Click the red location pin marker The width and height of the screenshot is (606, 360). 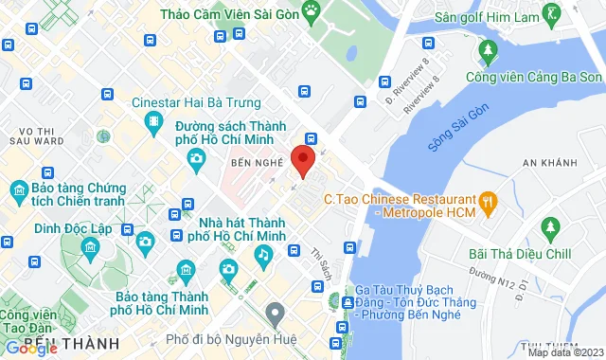tap(302, 160)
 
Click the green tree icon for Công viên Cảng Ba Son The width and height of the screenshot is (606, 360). tap(489, 48)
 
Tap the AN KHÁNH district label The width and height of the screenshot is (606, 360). tap(549, 163)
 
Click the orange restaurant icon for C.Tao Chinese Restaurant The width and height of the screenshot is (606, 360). tap(489, 200)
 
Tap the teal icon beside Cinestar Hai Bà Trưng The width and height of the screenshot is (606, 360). tap(152, 121)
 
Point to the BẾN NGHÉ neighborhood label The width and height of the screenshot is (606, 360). tap(258, 163)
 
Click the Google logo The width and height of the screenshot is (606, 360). tap(32, 348)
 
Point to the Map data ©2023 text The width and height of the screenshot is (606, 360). tap(563, 352)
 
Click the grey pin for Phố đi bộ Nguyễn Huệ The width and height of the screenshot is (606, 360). tap(276, 312)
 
